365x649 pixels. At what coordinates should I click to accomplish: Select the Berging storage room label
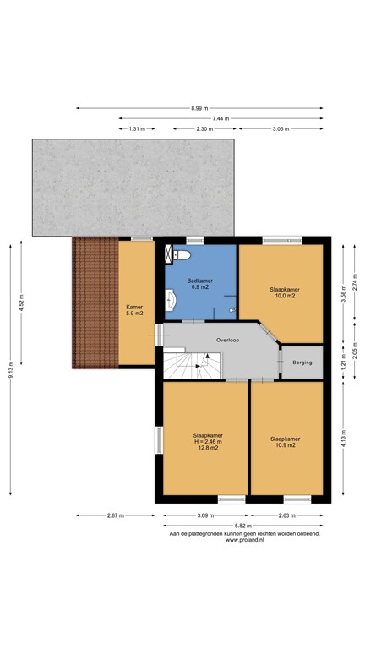point(302,363)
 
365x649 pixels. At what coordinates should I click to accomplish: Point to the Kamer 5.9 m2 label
point(134,310)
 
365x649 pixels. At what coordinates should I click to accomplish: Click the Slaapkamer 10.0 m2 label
point(282,292)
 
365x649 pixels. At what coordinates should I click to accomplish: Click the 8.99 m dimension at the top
point(199,108)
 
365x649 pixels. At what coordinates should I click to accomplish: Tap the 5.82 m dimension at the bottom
point(242,525)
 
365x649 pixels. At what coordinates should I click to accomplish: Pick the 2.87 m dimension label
point(116,515)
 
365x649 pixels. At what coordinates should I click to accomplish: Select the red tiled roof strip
point(94,303)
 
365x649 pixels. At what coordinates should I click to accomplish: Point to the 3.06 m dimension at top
point(281,129)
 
